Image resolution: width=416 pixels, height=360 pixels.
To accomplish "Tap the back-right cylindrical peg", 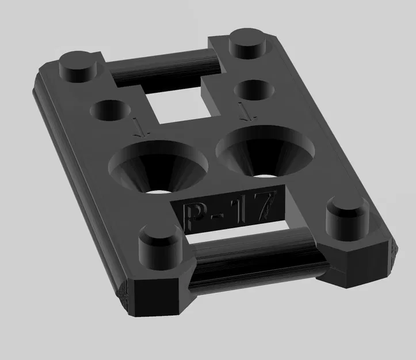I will pos(250,43).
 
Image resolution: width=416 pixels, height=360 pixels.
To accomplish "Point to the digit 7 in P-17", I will pos(261,205).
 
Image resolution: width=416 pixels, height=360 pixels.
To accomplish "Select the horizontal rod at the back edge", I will pos(165,63).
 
